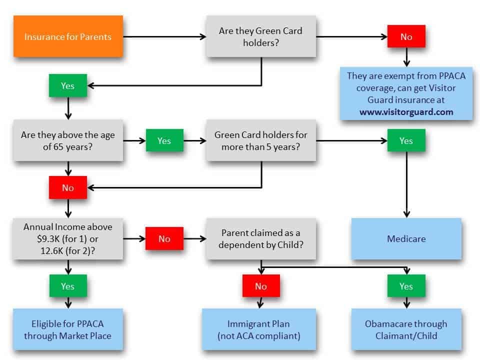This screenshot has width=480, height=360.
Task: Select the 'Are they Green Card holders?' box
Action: tap(260, 36)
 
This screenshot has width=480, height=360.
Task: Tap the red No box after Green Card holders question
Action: tap(406, 36)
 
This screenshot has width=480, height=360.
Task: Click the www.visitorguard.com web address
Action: tap(406, 112)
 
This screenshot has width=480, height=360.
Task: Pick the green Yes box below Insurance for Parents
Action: tap(67, 85)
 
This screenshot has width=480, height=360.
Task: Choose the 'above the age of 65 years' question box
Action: tap(67, 140)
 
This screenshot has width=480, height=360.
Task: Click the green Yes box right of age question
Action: tap(164, 140)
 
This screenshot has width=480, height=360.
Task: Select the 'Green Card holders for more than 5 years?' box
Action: tap(260, 140)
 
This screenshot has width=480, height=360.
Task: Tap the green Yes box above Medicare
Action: tap(406, 140)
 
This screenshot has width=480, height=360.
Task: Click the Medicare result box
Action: tap(406, 238)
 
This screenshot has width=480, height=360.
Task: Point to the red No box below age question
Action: tap(67, 188)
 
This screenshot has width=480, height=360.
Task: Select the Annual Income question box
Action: tap(67, 238)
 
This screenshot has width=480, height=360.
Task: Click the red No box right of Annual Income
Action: tap(164, 238)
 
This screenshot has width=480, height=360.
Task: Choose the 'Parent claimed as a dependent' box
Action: tap(260, 238)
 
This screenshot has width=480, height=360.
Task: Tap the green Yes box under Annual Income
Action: tap(67, 286)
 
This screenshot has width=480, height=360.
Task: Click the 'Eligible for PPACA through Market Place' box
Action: tap(67, 329)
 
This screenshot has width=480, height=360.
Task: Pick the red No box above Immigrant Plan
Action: tap(260, 286)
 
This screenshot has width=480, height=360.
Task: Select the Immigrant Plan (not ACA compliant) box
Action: tap(259, 329)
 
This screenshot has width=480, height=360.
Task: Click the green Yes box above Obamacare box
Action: tap(406, 286)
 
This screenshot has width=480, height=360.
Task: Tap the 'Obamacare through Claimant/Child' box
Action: tap(406, 329)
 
